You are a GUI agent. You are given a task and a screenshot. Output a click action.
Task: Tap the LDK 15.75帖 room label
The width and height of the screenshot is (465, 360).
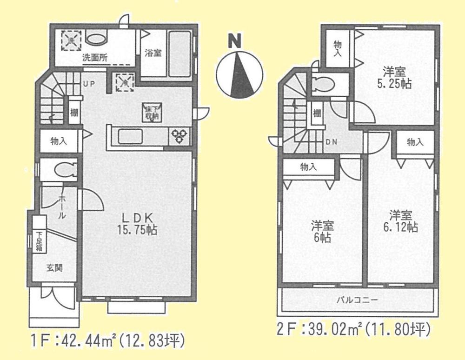pos(135,223)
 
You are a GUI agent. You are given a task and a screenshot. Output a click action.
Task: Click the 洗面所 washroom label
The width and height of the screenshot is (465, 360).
pos(95,58)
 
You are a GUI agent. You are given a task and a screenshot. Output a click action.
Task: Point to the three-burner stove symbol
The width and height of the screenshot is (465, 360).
pos(180,136)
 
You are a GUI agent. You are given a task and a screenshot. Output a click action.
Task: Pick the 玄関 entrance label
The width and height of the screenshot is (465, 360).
pos(54,268)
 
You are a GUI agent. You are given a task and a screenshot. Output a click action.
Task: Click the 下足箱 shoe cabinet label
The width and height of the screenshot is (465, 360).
pos(40,241)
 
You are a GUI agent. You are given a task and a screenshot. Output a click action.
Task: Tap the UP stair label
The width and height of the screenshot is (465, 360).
pos(89,84)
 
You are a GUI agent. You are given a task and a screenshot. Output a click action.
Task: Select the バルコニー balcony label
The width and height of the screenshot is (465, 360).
pos(357,300)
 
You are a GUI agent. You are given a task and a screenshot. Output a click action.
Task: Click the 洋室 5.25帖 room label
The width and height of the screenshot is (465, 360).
pos(395,78)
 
